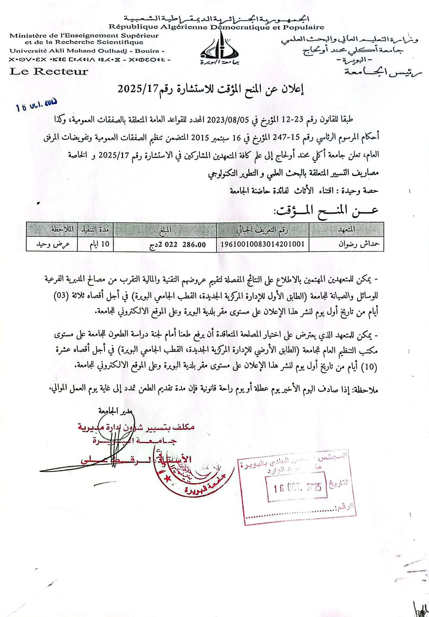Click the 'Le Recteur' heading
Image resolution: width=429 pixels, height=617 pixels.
click(48, 72)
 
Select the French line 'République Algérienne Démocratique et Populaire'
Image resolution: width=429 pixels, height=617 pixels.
click(216, 27)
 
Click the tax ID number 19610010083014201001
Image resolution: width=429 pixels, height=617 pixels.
click(263, 244)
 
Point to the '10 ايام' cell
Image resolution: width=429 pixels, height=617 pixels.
click(95, 244)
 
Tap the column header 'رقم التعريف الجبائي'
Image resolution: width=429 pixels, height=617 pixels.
click(263, 230)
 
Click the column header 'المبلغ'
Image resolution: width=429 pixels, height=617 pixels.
click(165, 230)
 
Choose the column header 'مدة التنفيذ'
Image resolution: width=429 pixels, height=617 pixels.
click(95, 230)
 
